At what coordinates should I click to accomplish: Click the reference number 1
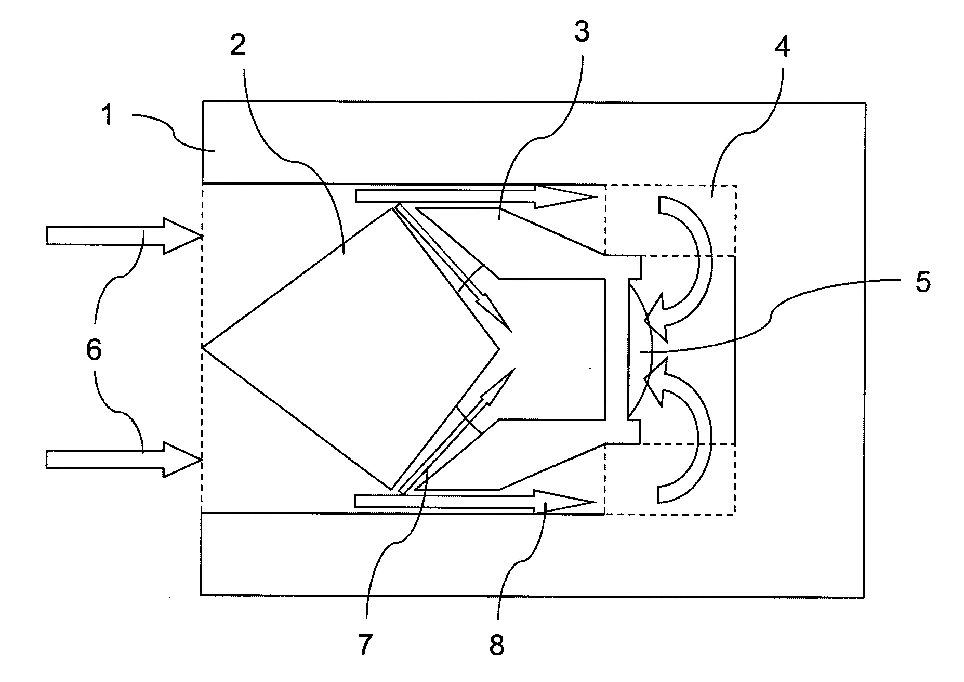pyautogui.click(x=108, y=115)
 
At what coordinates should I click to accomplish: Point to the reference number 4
pyautogui.click(x=782, y=47)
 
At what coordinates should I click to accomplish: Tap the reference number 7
pyautogui.click(x=365, y=645)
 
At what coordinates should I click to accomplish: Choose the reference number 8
pyautogui.click(x=497, y=646)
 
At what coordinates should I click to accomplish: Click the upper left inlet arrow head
pyautogui.click(x=200, y=237)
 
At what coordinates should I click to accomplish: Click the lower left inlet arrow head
pyautogui.click(x=200, y=460)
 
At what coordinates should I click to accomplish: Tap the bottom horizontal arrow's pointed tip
pyautogui.click(x=595, y=502)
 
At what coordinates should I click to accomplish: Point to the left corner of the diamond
pyautogui.click(x=202, y=347)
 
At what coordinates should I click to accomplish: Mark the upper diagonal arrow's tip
pyautogui.click(x=512, y=331)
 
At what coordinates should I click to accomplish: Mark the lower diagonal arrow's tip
pyautogui.click(x=514, y=368)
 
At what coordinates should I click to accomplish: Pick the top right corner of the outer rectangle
pyautogui.click(x=865, y=103)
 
